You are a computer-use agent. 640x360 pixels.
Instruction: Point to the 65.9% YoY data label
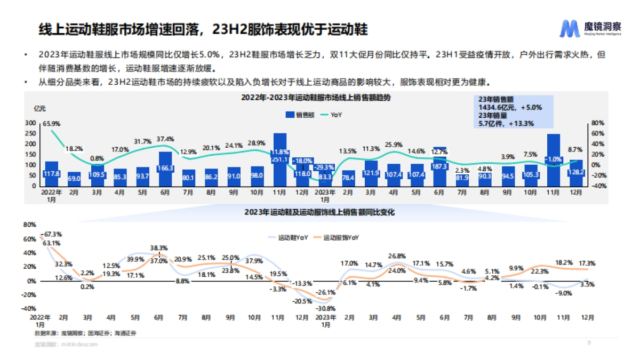click(52, 123)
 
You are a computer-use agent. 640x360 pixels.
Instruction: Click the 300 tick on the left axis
click(30, 123)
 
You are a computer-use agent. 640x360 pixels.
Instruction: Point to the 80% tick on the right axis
click(598, 123)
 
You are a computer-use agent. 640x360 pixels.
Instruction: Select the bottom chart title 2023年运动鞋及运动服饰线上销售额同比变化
click(319, 212)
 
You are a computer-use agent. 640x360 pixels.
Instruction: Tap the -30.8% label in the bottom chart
click(325, 308)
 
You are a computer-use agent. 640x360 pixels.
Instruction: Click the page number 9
click(589, 342)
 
